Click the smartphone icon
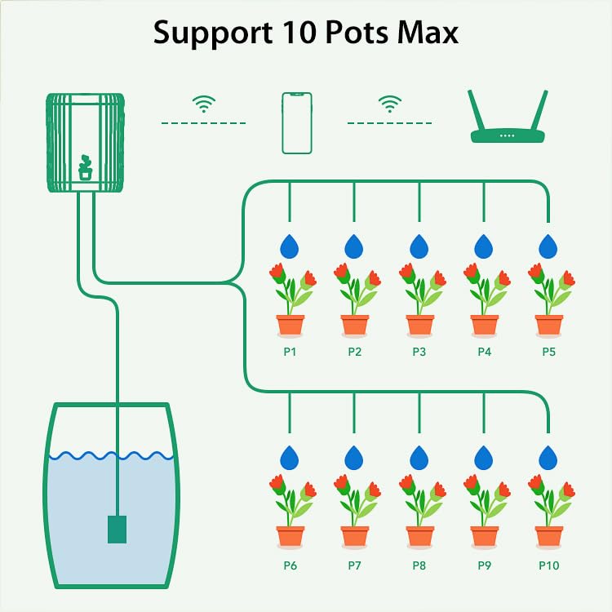tap(297, 122)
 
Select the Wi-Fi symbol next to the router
tap(390, 104)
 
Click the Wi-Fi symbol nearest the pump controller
tap(204, 104)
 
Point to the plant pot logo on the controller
tap(85, 168)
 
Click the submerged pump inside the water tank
tap(118, 528)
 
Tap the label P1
tap(290, 353)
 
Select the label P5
tap(548, 353)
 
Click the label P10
tap(548, 565)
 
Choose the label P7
tap(354, 565)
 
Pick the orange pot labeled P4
tap(484, 325)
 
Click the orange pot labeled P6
tap(290, 536)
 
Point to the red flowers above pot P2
tap(354, 276)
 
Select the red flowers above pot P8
tap(419, 487)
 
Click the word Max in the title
tap(429, 33)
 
